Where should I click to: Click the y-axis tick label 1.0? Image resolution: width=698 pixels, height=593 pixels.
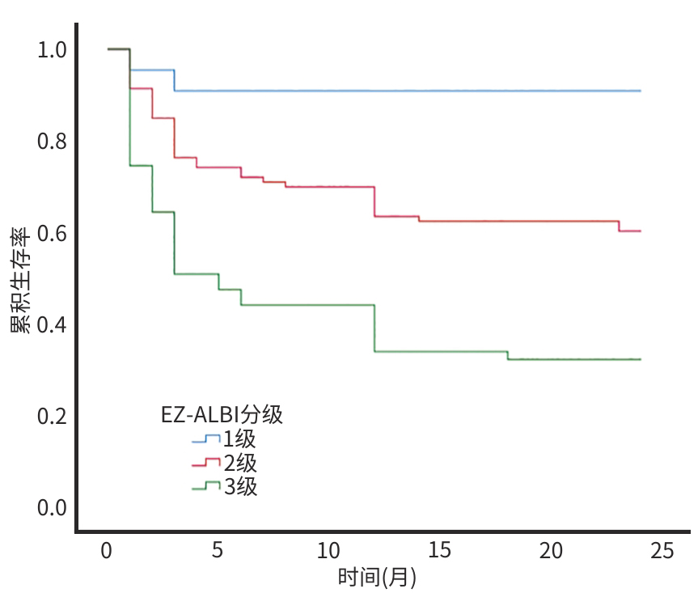pyautogui.click(x=51, y=50)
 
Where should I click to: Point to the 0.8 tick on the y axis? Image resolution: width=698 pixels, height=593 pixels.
pyautogui.click(x=51, y=142)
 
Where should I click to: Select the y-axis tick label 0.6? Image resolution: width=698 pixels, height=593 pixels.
pyautogui.click(x=51, y=233)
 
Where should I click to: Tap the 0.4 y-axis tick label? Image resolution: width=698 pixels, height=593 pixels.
pyautogui.click(x=51, y=324)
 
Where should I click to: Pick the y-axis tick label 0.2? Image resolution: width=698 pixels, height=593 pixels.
pyautogui.click(x=51, y=416)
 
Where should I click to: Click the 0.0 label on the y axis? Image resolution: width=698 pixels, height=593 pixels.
pyautogui.click(x=51, y=507)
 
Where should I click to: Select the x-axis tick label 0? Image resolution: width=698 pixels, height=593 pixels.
pyautogui.click(x=107, y=551)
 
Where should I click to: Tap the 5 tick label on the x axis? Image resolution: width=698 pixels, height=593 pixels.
pyautogui.click(x=218, y=551)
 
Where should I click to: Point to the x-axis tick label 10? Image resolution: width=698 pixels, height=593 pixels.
pyautogui.click(x=328, y=551)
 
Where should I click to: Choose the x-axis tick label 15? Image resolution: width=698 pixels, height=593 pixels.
pyautogui.click(x=439, y=551)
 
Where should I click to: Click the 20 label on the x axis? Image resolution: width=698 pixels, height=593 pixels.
pyautogui.click(x=550, y=551)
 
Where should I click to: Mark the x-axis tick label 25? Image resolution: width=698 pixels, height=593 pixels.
pyautogui.click(x=661, y=551)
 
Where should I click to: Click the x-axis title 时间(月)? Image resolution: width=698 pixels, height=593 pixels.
pyautogui.click(x=377, y=578)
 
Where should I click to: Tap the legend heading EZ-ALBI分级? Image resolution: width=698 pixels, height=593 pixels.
pyautogui.click(x=222, y=415)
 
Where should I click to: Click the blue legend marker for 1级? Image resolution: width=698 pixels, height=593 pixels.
pyautogui.click(x=206, y=439)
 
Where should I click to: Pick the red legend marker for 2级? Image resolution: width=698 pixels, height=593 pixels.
pyautogui.click(x=206, y=463)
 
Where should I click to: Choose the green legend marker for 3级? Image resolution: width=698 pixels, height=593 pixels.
pyautogui.click(x=206, y=486)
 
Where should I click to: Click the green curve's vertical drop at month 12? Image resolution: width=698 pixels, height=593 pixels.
pyautogui.click(x=374, y=328)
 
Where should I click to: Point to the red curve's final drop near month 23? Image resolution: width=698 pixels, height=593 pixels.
pyautogui.click(x=620, y=226)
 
